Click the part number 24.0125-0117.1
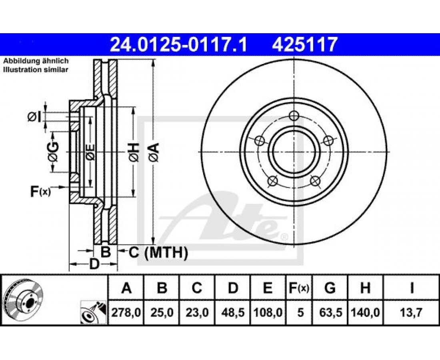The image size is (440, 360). tap(179, 45)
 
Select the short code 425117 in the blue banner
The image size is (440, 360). tap(304, 45)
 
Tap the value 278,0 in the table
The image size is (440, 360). tap(126, 312)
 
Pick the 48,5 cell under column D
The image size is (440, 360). tap(233, 312)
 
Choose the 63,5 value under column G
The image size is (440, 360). tap(330, 312)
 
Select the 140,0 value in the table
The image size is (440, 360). tap(365, 312)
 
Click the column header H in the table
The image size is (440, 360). tap(365, 288)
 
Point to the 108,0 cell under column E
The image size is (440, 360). tap(268, 312)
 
